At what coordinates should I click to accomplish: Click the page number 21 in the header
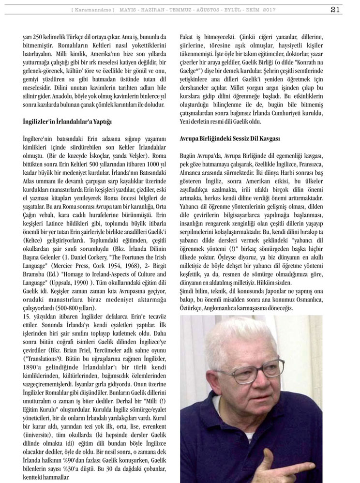pos(348,9)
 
